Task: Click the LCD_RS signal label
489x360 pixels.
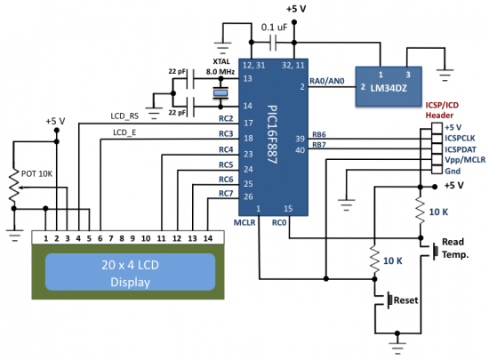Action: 125,115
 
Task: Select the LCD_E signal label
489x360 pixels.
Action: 124,132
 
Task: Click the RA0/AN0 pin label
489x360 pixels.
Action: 331,82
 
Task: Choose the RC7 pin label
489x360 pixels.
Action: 226,195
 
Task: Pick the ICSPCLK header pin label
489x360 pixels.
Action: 461,139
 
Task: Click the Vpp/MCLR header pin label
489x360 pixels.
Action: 463,162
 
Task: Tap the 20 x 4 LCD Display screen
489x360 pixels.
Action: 131,273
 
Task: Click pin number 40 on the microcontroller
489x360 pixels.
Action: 301,149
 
